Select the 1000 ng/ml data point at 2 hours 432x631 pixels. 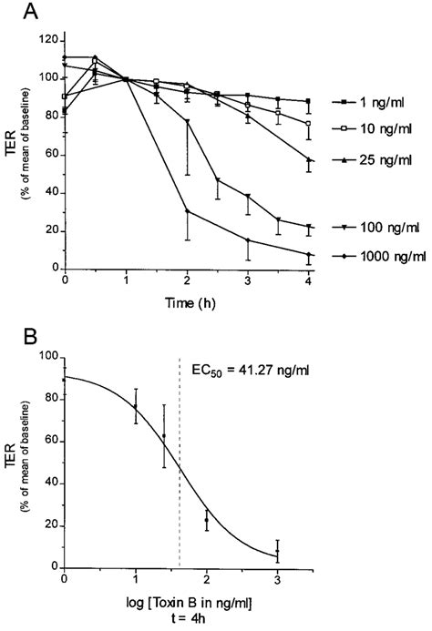coord(187,211)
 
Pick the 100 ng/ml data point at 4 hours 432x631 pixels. coord(309,227)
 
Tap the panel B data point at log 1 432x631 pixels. coord(136,407)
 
